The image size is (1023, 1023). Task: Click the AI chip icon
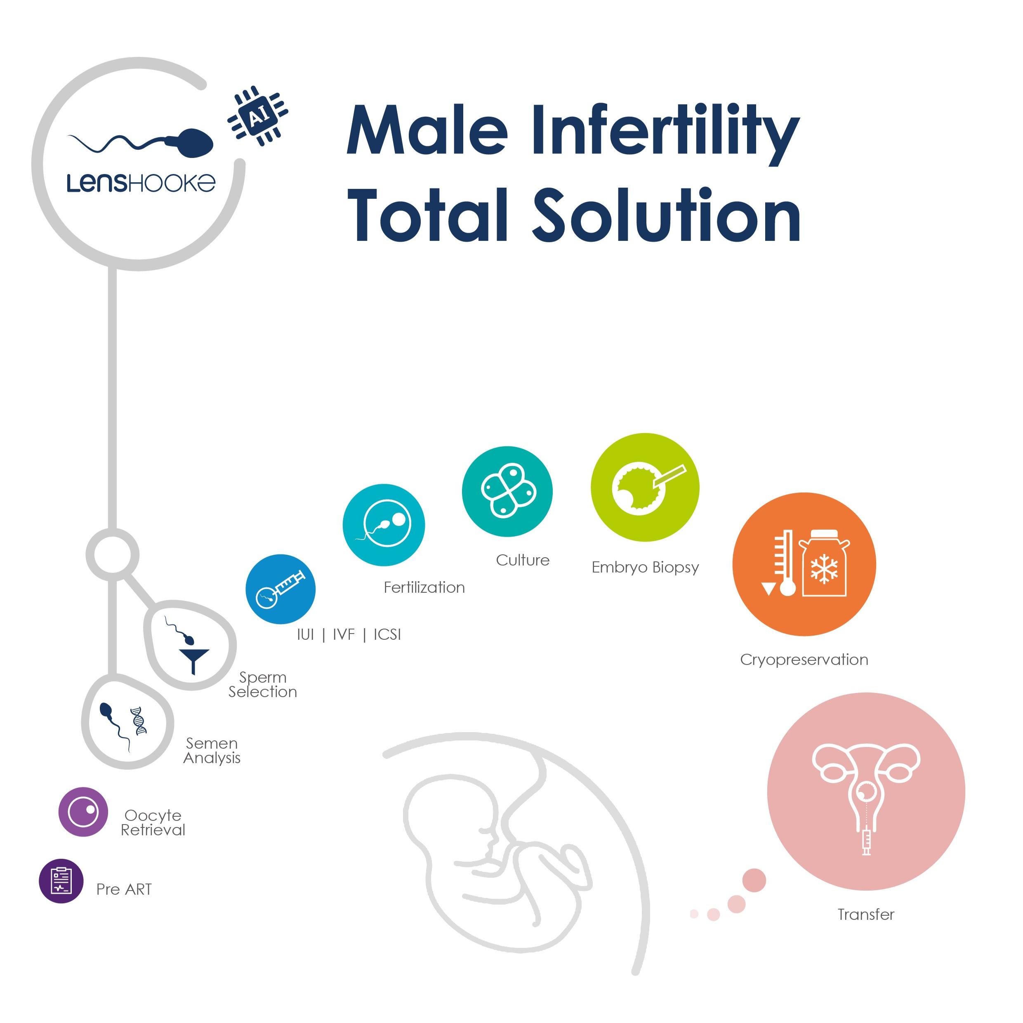click(x=257, y=115)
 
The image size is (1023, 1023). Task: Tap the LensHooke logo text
click(x=141, y=183)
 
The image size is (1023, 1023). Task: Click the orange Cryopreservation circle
click(x=804, y=564)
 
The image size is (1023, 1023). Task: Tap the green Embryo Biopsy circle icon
click(x=645, y=487)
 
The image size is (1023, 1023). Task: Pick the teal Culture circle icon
click(x=507, y=491)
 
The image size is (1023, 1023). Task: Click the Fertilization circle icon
click(x=384, y=525)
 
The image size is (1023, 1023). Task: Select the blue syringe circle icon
click(x=280, y=589)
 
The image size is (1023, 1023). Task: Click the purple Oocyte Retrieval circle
click(x=83, y=812)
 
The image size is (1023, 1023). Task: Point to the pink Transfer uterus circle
click(x=866, y=791)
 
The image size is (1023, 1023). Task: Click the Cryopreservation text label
click(x=804, y=660)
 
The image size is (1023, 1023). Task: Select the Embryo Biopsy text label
click(x=645, y=567)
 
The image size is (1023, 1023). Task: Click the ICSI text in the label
click(x=387, y=634)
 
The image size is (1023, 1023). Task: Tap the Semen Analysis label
click(x=212, y=750)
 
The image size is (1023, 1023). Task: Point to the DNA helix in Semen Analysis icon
click(x=139, y=720)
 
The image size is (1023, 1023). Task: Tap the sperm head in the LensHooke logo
click(x=196, y=143)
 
